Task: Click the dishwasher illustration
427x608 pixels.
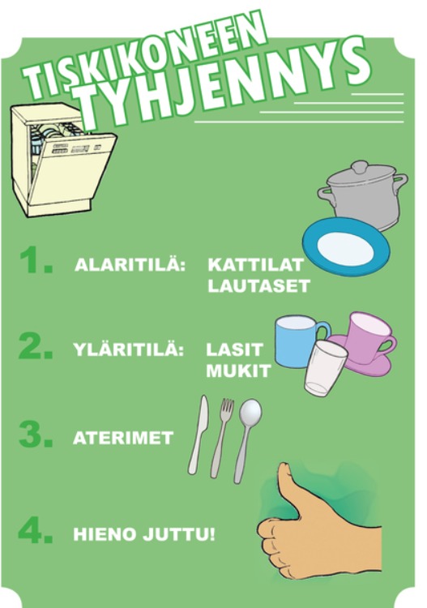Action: coord(62,160)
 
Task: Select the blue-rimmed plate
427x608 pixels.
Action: coord(346,246)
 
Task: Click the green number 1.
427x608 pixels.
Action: coord(36,259)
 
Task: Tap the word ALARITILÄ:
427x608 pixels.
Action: coord(130,264)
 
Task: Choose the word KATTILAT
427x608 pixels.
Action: coord(256,265)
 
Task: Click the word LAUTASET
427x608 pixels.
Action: coord(258,286)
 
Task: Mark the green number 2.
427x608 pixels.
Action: coord(36,345)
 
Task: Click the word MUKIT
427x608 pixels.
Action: coord(238,371)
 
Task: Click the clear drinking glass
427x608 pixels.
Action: coord(325,368)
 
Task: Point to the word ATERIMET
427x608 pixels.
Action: coord(123,438)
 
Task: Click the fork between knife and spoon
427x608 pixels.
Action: coord(222,438)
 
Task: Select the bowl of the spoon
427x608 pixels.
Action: coord(250,412)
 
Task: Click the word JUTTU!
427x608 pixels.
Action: coord(178,534)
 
